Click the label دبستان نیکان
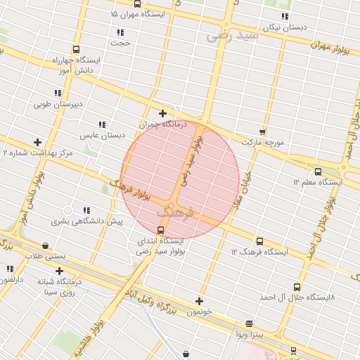(285, 27)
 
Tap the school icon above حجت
(121, 32)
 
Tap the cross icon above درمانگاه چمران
(162, 113)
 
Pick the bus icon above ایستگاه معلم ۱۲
(318, 171)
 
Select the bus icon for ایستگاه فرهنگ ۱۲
(259, 241)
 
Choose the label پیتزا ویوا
(250, 335)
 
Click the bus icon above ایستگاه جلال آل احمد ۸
(296, 287)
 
